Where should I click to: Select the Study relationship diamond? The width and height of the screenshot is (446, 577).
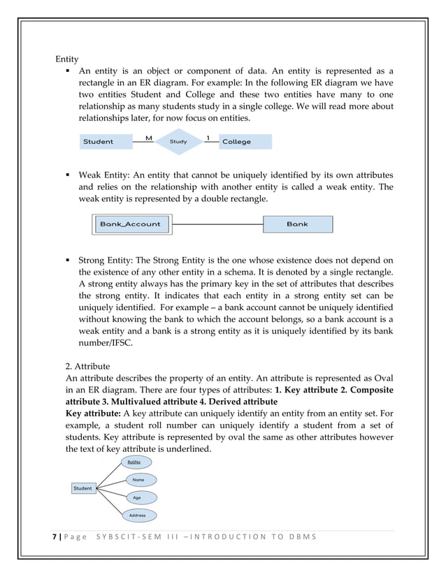[178, 141]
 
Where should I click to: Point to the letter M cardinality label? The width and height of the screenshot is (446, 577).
[148, 138]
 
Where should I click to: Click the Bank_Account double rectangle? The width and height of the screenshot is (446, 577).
[131, 224]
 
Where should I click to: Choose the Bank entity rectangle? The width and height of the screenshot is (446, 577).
[298, 224]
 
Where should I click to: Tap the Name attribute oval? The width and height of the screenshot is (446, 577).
[140, 480]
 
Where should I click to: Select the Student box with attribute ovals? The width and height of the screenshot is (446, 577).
[82, 488]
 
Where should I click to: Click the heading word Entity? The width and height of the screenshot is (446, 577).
[67, 59]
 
